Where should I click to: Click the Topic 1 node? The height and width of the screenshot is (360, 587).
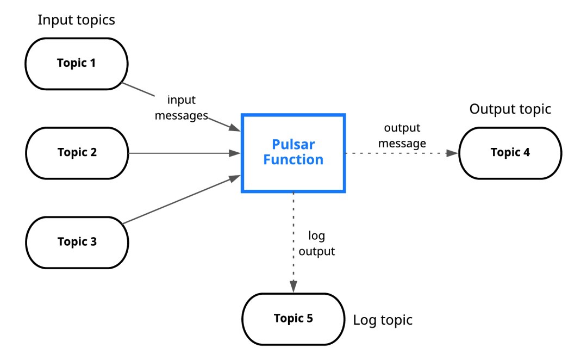[76, 63]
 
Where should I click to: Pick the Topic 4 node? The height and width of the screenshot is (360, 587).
[510, 153]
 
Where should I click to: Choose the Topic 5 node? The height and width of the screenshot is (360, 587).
[293, 319]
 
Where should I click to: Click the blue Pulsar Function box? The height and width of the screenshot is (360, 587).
[293, 153]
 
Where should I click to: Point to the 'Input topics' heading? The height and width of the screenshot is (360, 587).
[76, 21]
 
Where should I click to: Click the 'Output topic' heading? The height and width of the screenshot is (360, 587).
[510, 109]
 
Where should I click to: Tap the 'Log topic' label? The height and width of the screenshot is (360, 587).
[383, 320]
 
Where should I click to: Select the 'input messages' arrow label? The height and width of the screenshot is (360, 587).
[182, 108]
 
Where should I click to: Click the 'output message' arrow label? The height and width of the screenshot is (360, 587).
[402, 136]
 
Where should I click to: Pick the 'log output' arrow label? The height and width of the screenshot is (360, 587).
[317, 244]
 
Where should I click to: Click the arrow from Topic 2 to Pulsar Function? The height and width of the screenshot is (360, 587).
[185, 153]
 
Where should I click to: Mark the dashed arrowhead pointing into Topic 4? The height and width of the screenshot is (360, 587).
[453, 153]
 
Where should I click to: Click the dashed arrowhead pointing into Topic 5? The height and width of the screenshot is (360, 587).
[293, 285]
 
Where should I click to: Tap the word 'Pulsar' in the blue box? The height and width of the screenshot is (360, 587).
[293, 145]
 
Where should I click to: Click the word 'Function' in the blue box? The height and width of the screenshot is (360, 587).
[293, 160]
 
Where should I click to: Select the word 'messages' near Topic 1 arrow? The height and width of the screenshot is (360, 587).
[182, 115]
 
